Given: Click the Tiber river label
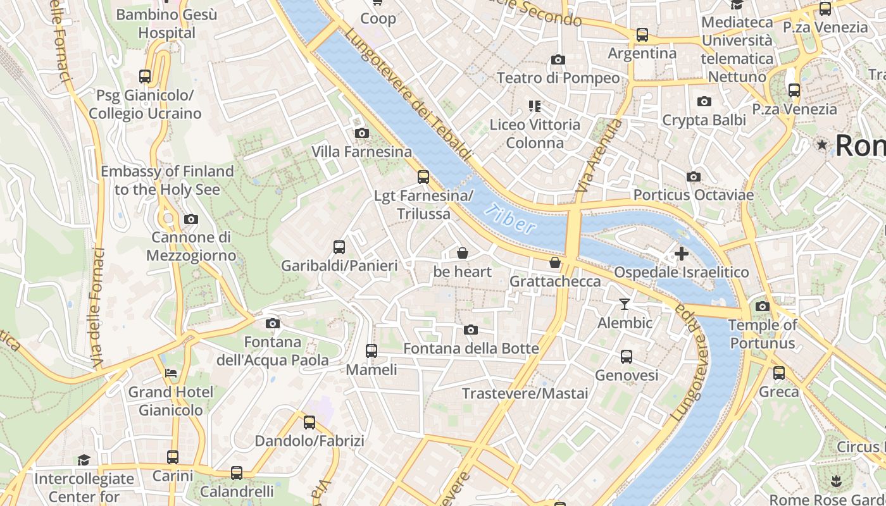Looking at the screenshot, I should click(513, 219).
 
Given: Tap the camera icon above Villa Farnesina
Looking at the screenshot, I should click(362, 133).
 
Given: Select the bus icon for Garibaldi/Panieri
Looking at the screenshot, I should click(339, 247).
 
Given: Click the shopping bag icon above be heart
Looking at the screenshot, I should click(463, 254).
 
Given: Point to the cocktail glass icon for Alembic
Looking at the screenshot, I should click(625, 304).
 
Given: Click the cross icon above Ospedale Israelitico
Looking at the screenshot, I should click(682, 254).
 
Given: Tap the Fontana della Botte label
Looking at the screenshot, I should click(471, 349).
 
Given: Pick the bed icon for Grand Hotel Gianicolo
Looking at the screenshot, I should click(171, 373).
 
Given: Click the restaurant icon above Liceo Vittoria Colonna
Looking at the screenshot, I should click(535, 106).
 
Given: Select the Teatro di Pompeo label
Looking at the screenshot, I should click(558, 78).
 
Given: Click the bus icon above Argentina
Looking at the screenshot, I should click(642, 35).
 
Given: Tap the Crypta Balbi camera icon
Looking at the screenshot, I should click(704, 101).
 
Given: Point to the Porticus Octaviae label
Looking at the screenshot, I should click(694, 195).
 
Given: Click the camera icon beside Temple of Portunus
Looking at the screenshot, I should click(763, 307).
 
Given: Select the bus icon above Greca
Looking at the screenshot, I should click(779, 373).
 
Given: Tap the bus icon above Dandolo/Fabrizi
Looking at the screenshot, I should click(309, 423).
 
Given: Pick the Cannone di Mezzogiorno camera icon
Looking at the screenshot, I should click(190, 219).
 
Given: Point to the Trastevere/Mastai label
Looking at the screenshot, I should click(525, 393).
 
